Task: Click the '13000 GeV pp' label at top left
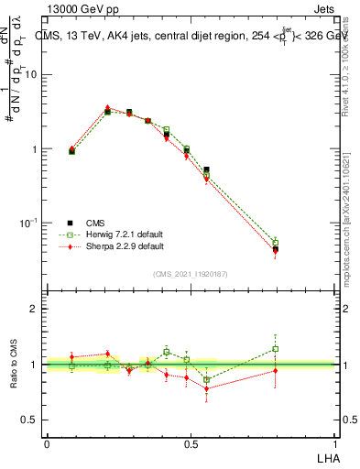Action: pos(82,10)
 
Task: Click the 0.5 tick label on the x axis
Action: pos(191,443)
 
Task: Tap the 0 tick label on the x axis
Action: pos(47,443)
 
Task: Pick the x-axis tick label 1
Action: pos(336,443)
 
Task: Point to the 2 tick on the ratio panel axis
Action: pos(34,309)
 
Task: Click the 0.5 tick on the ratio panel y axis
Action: pos(29,420)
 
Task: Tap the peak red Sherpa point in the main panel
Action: pos(108,108)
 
